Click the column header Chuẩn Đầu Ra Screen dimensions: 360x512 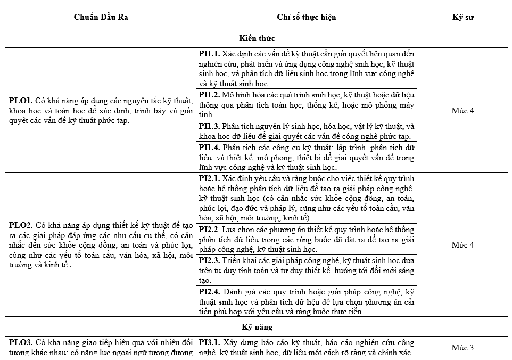[101, 17]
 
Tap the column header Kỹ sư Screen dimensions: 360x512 [463, 17]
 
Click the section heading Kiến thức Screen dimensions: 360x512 [257, 38]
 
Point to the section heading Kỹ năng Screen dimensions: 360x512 [257, 327]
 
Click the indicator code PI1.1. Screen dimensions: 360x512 [209, 54]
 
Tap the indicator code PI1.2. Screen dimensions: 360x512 [209, 95]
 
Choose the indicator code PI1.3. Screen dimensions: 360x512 [209, 126]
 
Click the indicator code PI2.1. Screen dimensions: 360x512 [209, 178]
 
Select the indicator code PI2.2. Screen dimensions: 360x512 [209, 230]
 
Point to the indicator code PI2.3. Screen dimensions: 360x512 [209, 260]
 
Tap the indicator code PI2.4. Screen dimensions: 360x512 [209, 292]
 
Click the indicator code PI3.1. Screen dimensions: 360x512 [209, 342]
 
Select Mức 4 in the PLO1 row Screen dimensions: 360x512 [463, 111]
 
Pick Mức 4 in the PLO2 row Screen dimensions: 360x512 [463, 245]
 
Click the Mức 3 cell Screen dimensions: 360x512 [463, 348]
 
